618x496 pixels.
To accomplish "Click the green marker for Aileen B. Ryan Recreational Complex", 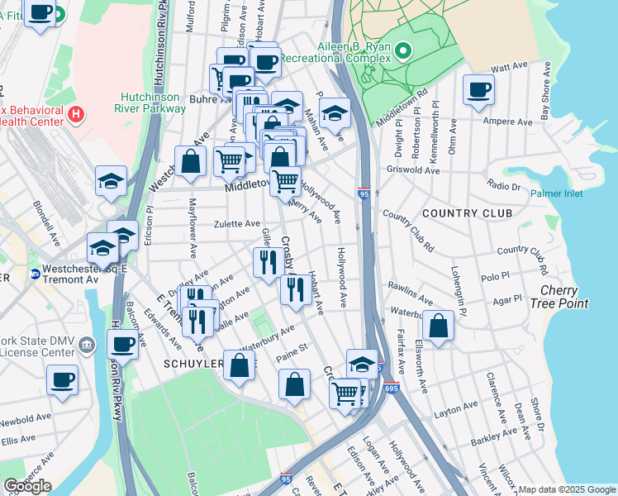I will tap(403, 52).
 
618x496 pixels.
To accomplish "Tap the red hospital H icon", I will tap(76, 113).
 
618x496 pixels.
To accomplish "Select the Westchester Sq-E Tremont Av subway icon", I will tap(35, 274).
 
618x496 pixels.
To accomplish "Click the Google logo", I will tap(27, 486).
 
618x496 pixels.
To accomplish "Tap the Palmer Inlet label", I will tap(556, 193).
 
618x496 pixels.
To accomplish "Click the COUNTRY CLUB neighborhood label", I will tap(468, 213).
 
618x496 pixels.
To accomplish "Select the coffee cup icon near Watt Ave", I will tap(478, 89).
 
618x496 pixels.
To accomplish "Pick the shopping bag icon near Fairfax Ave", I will tap(439, 327).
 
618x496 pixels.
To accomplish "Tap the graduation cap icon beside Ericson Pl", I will tap(111, 183).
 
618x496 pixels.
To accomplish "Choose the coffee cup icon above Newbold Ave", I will tap(63, 380).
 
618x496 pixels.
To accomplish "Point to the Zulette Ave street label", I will tap(237, 224).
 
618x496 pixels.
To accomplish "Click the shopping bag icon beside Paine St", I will tap(294, 385).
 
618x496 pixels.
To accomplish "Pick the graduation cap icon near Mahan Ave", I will tap(335, 113).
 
